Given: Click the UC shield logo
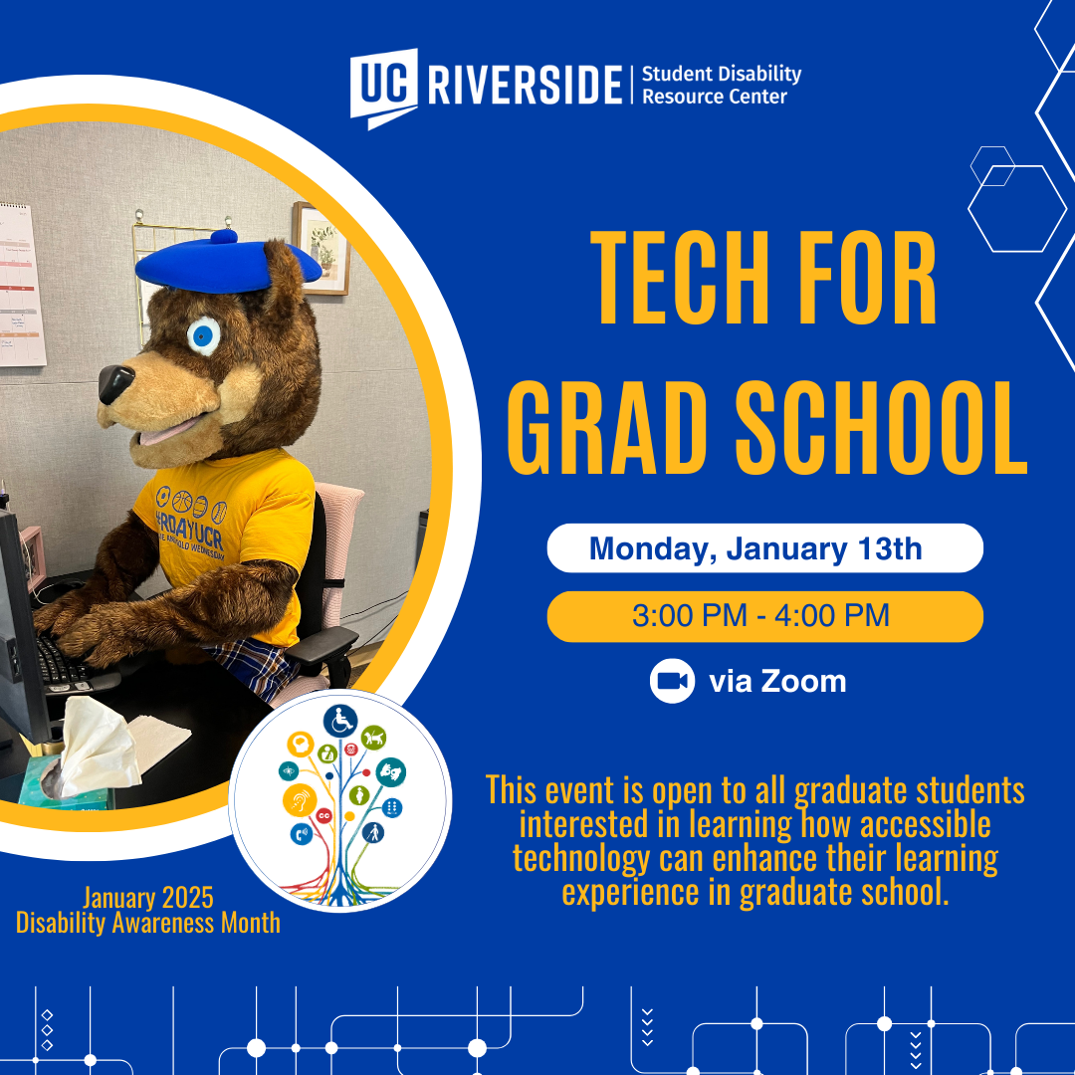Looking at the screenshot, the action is point(384,88).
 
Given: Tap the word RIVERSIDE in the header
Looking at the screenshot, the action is point(526,85).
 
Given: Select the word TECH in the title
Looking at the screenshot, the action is point(678,277).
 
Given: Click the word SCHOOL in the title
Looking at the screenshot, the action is point(882,427).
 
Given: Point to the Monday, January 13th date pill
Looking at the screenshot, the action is point(764,547).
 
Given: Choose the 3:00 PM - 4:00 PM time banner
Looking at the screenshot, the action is point(764,616).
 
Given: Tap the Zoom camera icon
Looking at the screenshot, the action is point(672,681).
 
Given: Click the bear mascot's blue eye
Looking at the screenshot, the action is point(204,336).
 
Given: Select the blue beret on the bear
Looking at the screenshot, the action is point(228,264).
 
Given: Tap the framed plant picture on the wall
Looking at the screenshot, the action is point(321,248).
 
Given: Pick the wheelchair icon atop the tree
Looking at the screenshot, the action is point(340,722).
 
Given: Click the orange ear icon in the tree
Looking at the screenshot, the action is point(300,799).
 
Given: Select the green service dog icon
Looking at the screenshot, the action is point(373,738).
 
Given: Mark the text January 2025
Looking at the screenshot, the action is point(148,898).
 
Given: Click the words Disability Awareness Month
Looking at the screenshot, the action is point(148,923).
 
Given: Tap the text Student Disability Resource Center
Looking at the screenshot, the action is point(722,85).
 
